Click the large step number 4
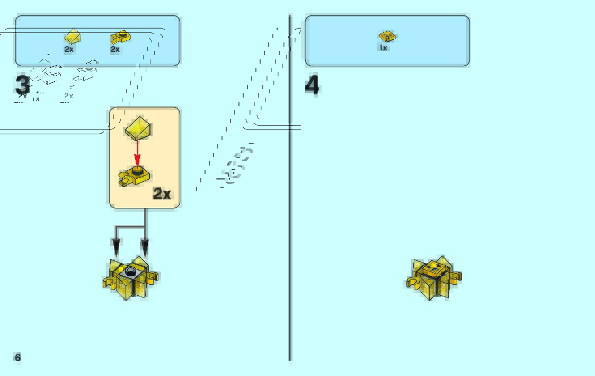pos(313,85)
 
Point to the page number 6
pos(17,357)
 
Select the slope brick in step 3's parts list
pos(72,37)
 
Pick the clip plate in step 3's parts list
pos(121,37)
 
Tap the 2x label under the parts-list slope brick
pos(69,49)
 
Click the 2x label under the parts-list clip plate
pos(115,49)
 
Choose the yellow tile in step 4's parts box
pos(387,37)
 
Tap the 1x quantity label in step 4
pos(383,48)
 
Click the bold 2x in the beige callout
pos(162,194)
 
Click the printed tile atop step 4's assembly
pos(434,267)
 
